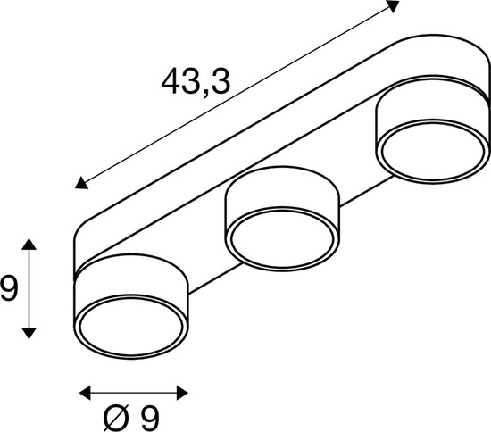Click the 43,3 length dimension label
196,83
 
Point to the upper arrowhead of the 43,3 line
392,6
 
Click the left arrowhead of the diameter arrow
85,391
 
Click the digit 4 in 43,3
172,83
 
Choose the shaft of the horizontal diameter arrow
133,391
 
